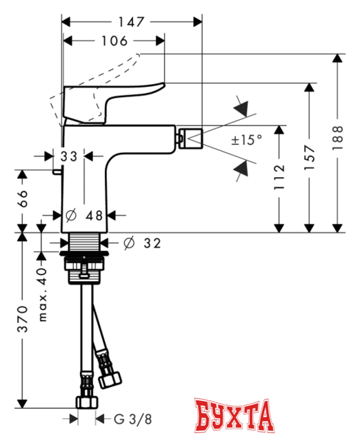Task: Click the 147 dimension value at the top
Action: coord(132,22)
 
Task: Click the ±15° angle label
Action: coord(246,140)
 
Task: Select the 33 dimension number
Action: coord(68,156)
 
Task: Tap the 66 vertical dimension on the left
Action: coord(23,199)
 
